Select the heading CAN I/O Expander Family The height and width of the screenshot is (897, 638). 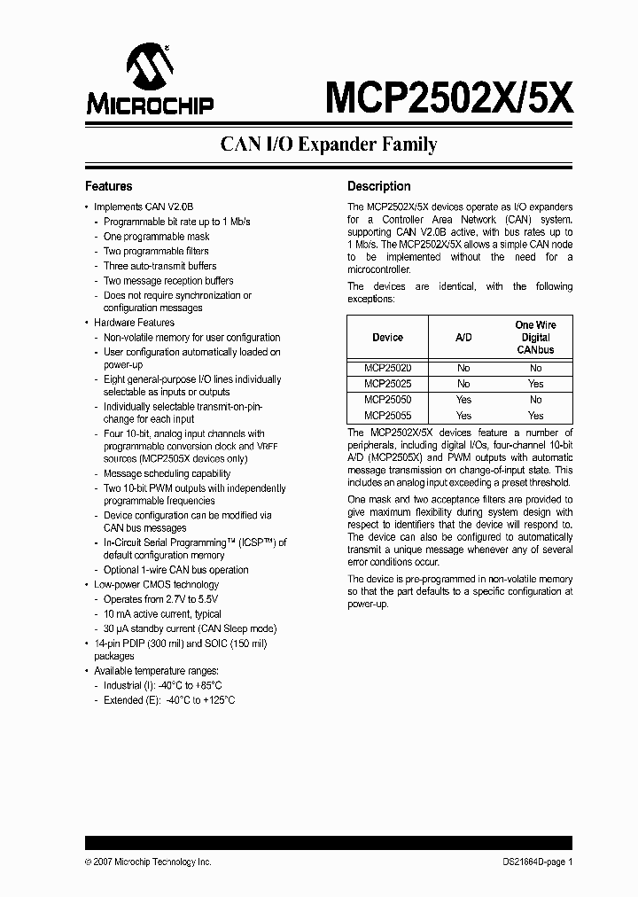coord(328,144)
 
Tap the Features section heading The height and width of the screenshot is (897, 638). coord(108,187)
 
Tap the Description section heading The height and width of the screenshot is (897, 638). coord(378,187)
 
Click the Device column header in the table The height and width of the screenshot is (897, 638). coord(387,338)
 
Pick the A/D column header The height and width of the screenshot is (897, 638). coord(463,338)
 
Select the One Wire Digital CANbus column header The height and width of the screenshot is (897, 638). coord(535,338)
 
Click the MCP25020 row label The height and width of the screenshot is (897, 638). coord(387,368)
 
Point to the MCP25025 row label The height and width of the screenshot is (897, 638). coord(387,384)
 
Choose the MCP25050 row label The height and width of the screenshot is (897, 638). coord(387,400)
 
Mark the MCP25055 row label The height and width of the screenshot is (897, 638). coord(387,415)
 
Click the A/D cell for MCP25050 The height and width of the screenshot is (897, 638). coord(463,400)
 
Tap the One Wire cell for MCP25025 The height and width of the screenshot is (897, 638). coord(535,384)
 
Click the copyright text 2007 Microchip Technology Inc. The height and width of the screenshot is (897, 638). coord(148,862)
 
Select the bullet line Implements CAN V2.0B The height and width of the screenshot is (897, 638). coord(143,207)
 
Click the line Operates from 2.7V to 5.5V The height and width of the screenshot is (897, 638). coord(160,600)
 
